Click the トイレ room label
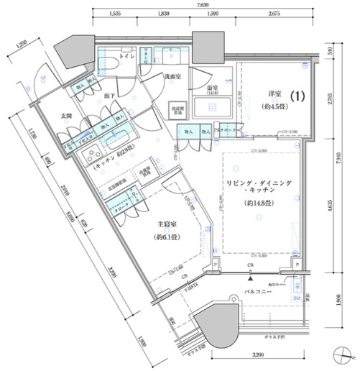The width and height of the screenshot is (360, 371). [x=126, y=55]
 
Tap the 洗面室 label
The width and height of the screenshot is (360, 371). [x=170, y=75]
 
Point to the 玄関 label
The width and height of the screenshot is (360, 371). [x=65, y=117]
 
